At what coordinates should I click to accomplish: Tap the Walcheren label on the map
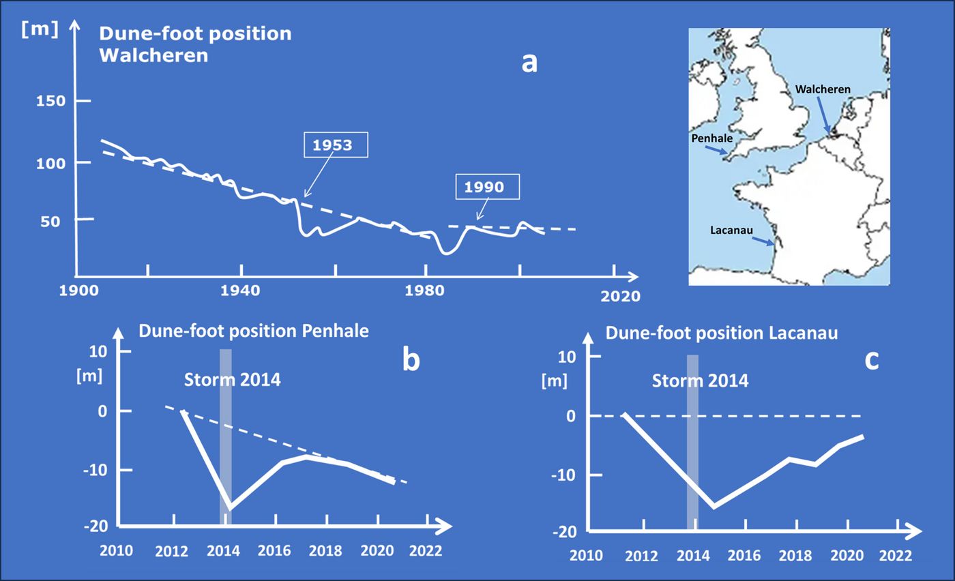pyautogui.click(x=823, y=89)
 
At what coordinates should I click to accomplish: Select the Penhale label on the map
pyautogui.click(x=712, y=138)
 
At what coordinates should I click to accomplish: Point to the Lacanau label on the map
pyautogui.click(x=731, y=230)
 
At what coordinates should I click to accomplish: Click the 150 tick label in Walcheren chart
pyautogui.click(x=50, y=101)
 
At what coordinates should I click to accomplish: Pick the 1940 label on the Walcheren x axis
pyautogui.click(x=240, y=290)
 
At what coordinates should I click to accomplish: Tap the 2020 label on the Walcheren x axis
pyautogui.click(x=620, y=296)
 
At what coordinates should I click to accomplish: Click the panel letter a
pyautogui.click(x=529, y=63)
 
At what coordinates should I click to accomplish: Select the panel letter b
pyautogui.click(x=411, y=359)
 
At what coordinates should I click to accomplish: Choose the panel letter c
pyautogui.click(x=872, y=361)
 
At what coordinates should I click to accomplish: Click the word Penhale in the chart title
pyautogui.click(x=335, y=331)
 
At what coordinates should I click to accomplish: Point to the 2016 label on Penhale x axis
pyautogui.click(x=274, y=551)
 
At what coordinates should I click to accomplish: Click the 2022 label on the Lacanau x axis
pyautogui.click(x=896, y=555)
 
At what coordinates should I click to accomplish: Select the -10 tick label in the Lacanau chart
pyautogui.click(x=565, y=475)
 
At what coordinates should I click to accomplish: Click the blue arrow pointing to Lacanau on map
pyautogui.click(x=763, y=241)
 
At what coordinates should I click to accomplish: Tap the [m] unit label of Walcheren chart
pyautogui.click(x=40, y=30)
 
